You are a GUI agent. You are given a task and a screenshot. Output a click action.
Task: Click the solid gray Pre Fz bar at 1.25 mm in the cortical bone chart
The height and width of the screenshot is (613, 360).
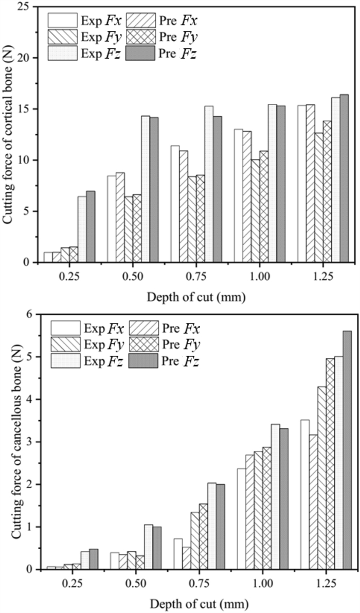pos(344,178)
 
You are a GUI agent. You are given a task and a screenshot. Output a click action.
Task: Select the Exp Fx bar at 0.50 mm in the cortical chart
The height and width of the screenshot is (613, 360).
pos(112,219)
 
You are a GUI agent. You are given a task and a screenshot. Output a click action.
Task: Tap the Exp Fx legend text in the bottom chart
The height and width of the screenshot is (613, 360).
pos(103,328)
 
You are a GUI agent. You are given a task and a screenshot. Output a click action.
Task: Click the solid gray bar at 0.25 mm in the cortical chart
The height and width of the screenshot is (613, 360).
pos(91,226)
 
